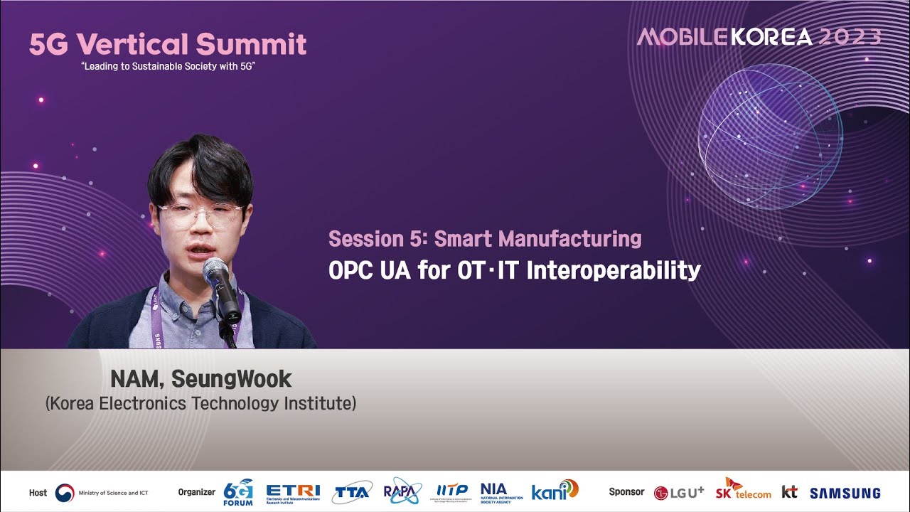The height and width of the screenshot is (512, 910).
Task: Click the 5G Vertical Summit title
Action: pyautogui.click(x=168, y=44)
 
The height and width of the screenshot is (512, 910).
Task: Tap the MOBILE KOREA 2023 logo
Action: pyautogui.click(x=759, y=37)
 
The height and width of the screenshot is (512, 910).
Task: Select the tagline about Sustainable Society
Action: pyautogui.click(x=168, y=66)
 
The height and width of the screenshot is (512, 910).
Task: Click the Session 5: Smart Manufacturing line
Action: pyautogui.click(x=485, y=239)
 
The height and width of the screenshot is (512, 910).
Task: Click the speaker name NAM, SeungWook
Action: pyautogui.click(x=200, y=379)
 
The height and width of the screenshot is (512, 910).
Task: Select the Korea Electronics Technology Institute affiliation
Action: pyautogui.click(x=200, y=404)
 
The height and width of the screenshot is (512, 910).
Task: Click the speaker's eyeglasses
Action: pyautogui.click(x=200, y=215)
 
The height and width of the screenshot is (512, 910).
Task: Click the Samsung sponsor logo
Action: pyautogui.click(x=845, y=493)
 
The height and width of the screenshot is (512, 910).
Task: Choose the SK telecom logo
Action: pyautogui.click(x=743, y=490)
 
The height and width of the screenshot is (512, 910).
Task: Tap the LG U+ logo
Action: pyautogui.click(x=679, y=492)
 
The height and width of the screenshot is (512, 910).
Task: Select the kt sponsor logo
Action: pyautogui.click(x=789, y=491)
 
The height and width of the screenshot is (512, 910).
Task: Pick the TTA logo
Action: pyautogui.click(x=351, y=492)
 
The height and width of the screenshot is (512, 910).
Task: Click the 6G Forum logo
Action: pyautogui.click(x=238, y=491)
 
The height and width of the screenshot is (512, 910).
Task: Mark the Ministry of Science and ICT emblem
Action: pyautogui.click(x=65, y=492)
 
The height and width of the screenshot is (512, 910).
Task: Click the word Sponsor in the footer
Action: pyautogui.click(x=626, y=492)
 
